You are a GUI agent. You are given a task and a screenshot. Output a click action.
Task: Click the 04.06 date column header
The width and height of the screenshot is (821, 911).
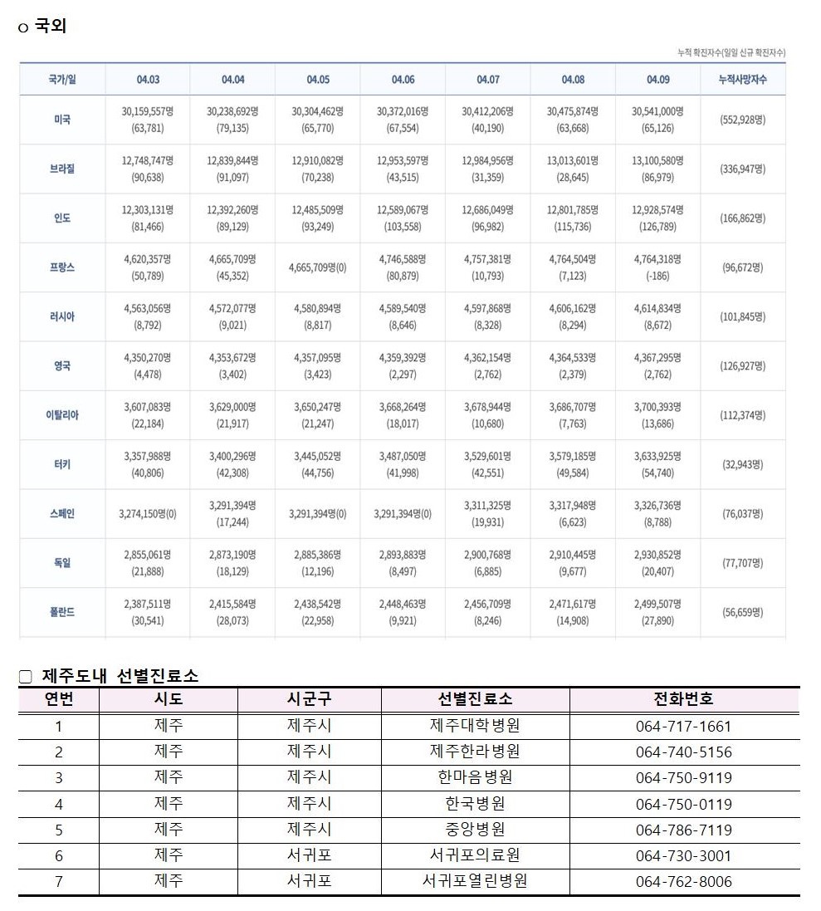point(403,80)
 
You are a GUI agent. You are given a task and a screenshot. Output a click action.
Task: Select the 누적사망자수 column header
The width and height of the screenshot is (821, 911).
point(742,80)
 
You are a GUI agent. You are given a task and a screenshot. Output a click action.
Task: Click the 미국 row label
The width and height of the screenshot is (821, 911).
point(62,120)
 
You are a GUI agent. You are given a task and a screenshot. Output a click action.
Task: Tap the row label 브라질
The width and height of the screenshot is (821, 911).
point(62,169)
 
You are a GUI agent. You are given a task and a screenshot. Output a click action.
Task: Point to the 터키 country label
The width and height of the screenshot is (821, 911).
point(62,464)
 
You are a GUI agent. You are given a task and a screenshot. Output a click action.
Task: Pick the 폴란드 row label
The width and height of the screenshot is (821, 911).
point(62,612)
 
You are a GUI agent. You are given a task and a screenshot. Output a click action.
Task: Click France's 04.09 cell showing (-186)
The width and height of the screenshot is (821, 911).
point(657,267)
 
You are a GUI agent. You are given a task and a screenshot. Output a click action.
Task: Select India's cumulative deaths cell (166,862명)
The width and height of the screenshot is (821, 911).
point(742,218)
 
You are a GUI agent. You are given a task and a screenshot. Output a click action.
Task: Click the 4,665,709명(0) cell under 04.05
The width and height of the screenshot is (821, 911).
point(318,267)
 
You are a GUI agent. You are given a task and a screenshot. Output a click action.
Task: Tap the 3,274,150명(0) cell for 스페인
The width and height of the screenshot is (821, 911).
point(148,514)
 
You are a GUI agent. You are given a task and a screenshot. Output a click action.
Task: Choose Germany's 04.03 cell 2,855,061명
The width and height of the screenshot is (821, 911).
point(148,555)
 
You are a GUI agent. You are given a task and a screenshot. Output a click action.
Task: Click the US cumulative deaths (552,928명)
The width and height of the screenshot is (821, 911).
point(742,120)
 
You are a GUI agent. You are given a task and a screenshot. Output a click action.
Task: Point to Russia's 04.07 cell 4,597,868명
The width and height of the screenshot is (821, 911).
point(487,308)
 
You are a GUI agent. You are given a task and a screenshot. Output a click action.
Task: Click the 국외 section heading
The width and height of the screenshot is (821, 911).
point(51,27)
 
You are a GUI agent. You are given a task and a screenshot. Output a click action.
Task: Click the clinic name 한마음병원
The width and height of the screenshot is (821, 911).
point(475,778)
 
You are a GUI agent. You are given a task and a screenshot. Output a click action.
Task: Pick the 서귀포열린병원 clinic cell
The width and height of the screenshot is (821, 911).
point(475,881)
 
